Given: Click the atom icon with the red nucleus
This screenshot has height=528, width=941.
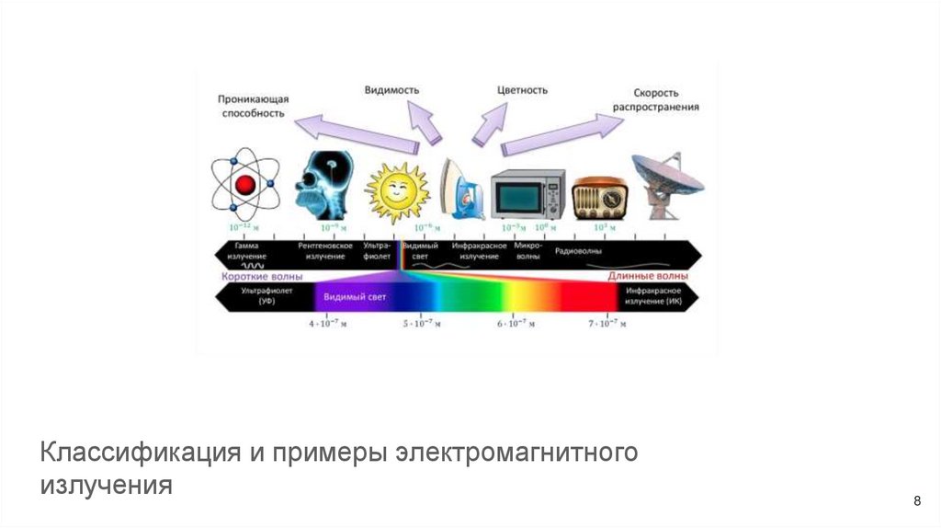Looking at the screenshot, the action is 244,184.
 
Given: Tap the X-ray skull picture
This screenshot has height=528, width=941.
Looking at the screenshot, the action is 323,184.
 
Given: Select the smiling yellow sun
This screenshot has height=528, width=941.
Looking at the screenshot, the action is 397,190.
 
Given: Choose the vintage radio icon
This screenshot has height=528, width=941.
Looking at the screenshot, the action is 597,197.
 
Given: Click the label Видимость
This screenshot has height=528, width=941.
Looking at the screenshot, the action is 392,90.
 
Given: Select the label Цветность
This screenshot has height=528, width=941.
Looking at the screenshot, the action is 522,90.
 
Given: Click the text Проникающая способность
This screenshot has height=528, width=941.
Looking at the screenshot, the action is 254,105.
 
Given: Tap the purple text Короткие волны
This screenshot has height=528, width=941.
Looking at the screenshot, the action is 261,275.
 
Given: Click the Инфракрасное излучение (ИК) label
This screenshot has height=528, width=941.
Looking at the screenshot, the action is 654,296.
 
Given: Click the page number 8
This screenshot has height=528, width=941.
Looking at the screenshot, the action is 917,500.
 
